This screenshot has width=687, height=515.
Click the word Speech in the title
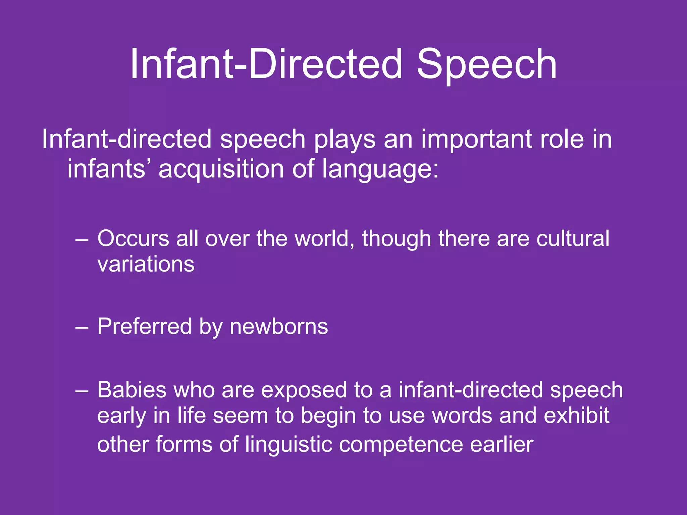click(486, 64)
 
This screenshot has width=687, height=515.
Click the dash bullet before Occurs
click(82, 239)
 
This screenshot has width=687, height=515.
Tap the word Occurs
click(133, 239)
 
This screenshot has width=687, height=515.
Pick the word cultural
click(573, 239)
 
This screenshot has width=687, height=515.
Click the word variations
click(146, 264)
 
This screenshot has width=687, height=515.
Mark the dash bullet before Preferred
click(82, 327)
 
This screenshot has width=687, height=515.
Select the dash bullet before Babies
click(82, 391)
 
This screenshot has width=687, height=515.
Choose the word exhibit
click(576, 416)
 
